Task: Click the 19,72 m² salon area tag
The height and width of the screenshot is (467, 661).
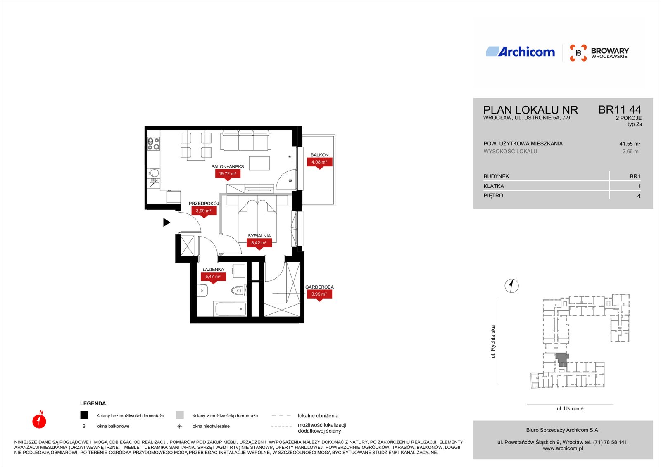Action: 228,174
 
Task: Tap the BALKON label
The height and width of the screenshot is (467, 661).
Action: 319,155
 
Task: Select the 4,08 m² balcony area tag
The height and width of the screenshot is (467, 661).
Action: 319,162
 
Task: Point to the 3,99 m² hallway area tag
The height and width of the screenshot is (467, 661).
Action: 204,211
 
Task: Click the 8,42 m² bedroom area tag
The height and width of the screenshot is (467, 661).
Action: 259,243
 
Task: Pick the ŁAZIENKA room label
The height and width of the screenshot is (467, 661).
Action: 213,269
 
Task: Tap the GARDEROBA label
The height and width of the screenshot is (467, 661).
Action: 319,287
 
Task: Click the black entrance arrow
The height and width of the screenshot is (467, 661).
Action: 166,223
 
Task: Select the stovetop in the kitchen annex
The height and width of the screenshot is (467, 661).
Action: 153,144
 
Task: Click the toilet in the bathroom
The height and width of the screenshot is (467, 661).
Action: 237,291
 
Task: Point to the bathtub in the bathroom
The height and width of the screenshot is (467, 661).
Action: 231,309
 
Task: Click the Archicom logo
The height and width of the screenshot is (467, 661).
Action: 520,52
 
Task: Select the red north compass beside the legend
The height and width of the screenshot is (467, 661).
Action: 39,420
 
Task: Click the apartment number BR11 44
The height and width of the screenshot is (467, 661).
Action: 620,110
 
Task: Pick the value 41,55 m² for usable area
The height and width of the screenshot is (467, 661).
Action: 630,144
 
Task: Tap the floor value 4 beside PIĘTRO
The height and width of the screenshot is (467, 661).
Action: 639,196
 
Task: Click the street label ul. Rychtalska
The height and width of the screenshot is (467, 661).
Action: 493,341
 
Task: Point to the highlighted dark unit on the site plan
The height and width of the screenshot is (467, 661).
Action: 562,359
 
